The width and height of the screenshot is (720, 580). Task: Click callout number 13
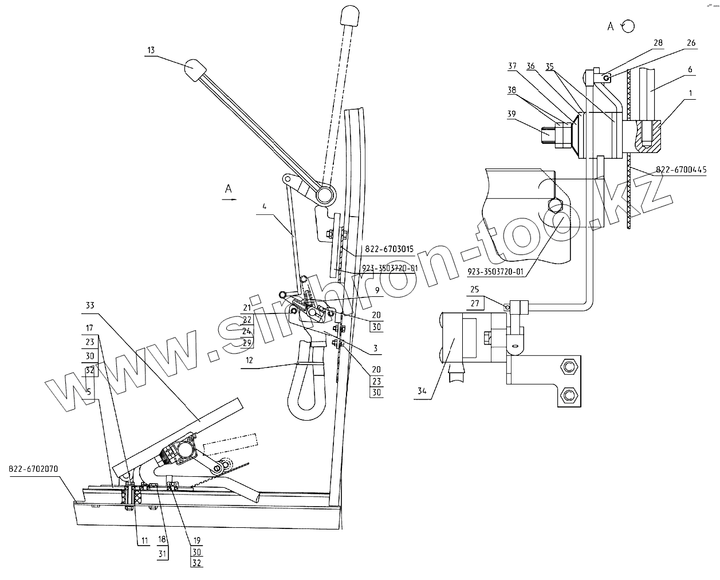click(151, 50)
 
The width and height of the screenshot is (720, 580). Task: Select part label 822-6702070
click(33, 468)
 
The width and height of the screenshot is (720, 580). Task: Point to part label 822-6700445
click(681, 170)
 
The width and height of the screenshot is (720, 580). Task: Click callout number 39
click(512, 115)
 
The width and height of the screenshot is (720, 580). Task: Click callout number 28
click(658, 43)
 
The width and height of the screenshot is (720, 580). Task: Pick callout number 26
click(691, 43)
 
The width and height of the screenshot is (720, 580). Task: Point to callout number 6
click(690, 69)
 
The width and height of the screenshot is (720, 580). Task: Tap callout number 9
click(376, 291)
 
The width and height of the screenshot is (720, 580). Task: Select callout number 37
click(512, 66)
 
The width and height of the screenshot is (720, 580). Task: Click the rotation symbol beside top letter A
click(628, 26)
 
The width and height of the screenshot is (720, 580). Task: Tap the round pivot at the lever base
click(325, 196)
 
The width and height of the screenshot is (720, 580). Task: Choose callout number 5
click(89, 391)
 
